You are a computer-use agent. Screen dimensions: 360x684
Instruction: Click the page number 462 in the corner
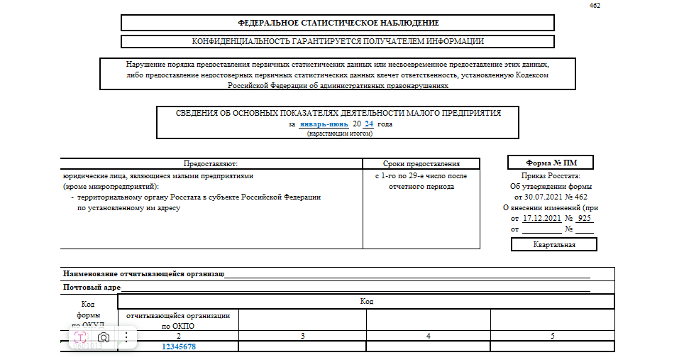tap(596, 6)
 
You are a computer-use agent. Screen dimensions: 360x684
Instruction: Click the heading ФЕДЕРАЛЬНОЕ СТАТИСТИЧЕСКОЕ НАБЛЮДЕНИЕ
tap(338, 23)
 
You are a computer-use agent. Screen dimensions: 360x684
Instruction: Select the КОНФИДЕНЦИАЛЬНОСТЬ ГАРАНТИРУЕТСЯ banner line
tap(338, 41)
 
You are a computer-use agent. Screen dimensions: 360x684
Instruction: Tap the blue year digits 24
tap(369, 124)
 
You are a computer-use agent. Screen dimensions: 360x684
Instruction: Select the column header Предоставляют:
tap(211, 163)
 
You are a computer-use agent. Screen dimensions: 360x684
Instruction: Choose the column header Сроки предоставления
tap(421, 163)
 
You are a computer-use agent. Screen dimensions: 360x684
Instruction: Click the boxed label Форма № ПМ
tap(551, 162)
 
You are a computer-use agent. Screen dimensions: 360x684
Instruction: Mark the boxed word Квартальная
tap(554, 245)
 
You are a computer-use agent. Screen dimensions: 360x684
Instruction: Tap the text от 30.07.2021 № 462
tap(551, 197)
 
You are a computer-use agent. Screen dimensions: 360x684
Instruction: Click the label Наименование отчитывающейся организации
tap(144, 273)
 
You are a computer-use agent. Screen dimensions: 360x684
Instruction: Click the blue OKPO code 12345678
tap(179, 347)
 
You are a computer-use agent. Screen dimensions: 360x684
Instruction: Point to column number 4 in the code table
tap(429, 335)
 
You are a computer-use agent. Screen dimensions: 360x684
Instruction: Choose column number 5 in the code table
tap(552, 335)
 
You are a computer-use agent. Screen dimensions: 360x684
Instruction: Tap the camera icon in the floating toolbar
tap(104, 337)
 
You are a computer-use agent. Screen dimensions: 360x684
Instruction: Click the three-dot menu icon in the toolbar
tap(126, 337)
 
